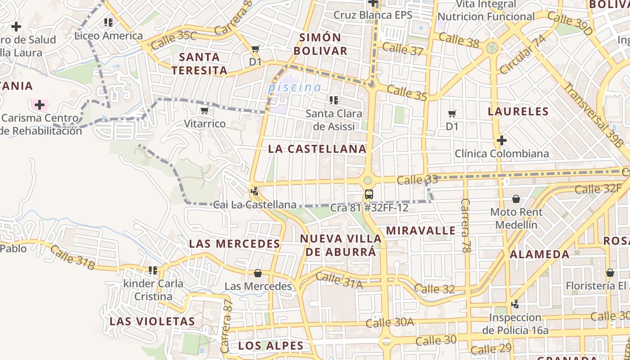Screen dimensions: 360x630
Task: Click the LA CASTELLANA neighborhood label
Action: tap(317, 149)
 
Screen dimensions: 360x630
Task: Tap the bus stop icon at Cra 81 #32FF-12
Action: tap(369, 194)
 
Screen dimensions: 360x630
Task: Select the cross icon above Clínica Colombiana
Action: tap(502, 140)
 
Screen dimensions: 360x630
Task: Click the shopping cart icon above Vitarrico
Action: tap(204, 110)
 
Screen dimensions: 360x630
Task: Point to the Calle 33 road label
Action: tap(417, 180)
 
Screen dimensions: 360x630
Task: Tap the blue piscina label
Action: tap(295, 87)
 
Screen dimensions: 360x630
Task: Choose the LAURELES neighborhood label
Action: tap(518, 112)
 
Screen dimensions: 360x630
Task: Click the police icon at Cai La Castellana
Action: tap(255, 191)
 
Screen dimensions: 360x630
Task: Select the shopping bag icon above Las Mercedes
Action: tap(258, 273)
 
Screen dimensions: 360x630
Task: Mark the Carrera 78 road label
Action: tap(465, 225)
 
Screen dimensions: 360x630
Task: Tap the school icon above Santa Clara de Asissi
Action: tap(333, 100)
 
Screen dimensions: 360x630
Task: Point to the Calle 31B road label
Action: tap(72, 258)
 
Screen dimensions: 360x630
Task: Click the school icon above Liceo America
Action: tap(108, 22)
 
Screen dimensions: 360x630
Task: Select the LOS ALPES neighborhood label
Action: tap(270, 346)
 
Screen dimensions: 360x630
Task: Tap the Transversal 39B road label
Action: tap(594, 115)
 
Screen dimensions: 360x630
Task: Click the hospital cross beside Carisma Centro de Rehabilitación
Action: tap(40, 105)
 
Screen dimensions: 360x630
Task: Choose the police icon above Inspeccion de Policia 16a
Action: tap(515, 304)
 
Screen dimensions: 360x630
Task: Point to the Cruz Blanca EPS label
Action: tap(373, 15)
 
